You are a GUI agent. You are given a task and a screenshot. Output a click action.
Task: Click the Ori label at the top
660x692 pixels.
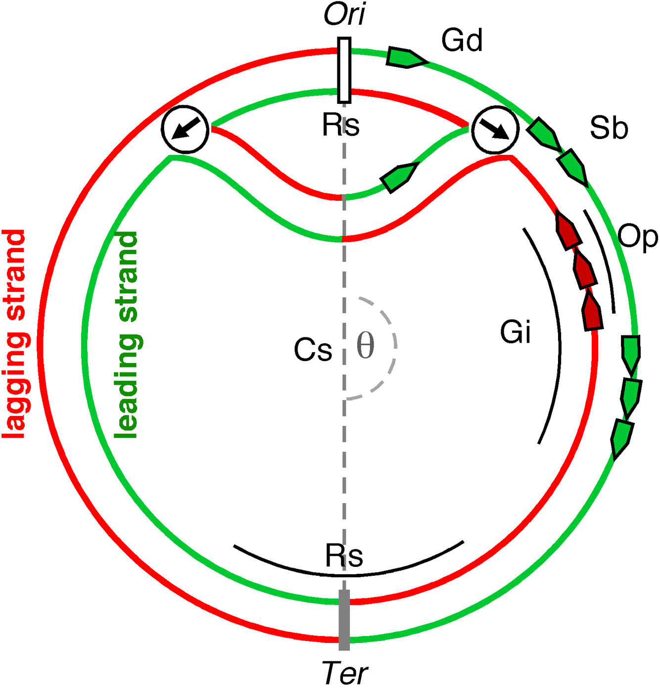[345, 15]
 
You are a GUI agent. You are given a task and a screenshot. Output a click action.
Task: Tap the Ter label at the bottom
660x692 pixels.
[345, 673]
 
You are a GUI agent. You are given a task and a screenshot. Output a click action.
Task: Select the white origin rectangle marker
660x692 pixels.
[344, 70]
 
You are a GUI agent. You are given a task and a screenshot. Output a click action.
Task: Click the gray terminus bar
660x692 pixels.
[344, 620]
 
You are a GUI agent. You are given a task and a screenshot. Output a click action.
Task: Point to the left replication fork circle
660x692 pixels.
[185, 129]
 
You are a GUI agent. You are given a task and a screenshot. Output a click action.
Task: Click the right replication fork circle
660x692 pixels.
[495, 130]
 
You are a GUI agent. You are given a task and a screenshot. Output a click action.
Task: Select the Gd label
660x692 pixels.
[462, 41]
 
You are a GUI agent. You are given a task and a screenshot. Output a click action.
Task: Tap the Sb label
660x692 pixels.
[609, 128]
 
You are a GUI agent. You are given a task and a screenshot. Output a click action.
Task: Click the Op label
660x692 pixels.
[638, 237]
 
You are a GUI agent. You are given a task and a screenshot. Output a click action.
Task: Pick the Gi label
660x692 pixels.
[516, 331]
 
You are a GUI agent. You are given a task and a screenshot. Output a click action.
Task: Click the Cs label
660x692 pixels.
[313, 350]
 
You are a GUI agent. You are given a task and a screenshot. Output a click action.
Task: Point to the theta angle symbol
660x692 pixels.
[366, 346]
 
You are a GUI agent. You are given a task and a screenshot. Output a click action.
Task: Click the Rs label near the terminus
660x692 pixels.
[344, 555]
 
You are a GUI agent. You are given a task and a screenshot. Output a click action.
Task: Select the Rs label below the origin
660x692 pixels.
[341, 125]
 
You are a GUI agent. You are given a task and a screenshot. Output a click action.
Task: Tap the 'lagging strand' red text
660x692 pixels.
[15, 334]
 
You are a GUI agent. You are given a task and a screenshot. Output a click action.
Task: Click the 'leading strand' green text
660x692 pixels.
[127, 334]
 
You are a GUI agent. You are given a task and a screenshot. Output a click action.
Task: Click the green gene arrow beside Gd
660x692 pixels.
[406, 57]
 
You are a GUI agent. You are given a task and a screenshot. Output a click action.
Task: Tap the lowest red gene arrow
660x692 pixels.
[592, 312]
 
